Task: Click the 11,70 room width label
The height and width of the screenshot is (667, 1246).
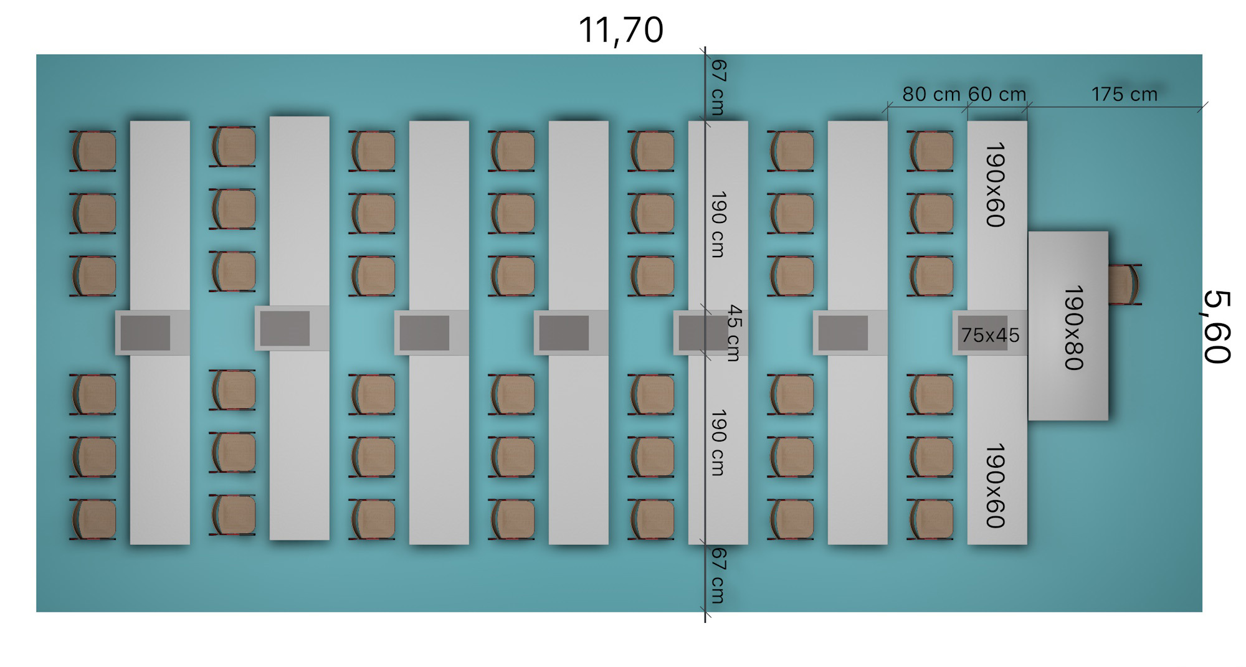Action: (621, 30)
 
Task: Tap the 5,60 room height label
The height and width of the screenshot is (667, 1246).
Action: (1216, 327)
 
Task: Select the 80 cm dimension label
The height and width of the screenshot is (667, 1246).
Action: (931, 94)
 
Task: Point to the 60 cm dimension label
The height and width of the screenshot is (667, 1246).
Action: (997, 94)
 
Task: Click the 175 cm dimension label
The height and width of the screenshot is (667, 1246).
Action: (1124, 94)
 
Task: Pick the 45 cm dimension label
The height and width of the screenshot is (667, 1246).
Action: (735, 333)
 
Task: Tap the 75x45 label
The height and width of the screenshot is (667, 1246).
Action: (990, 335)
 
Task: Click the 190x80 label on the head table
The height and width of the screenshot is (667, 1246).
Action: (1074, 328)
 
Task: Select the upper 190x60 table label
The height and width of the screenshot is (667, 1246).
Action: (996, 185)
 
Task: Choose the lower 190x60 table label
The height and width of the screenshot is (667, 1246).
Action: (996, 486)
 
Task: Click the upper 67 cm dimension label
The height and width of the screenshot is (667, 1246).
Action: (718, 87)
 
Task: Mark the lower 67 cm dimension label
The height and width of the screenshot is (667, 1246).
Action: (718, 575)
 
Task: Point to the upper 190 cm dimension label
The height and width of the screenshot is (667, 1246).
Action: (718, 224)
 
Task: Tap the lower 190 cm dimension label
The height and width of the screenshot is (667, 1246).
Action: (718, 443)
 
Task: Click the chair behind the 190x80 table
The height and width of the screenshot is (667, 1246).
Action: (1125, 285)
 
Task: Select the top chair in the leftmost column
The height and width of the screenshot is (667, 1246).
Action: (93, 151)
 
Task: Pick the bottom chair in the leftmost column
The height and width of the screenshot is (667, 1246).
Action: (93, 519)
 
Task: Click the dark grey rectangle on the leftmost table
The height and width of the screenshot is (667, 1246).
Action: (145, 333)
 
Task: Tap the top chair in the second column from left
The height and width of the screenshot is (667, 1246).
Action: (233, 146)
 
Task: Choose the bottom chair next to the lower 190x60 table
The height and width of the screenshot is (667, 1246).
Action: (931, 519)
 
